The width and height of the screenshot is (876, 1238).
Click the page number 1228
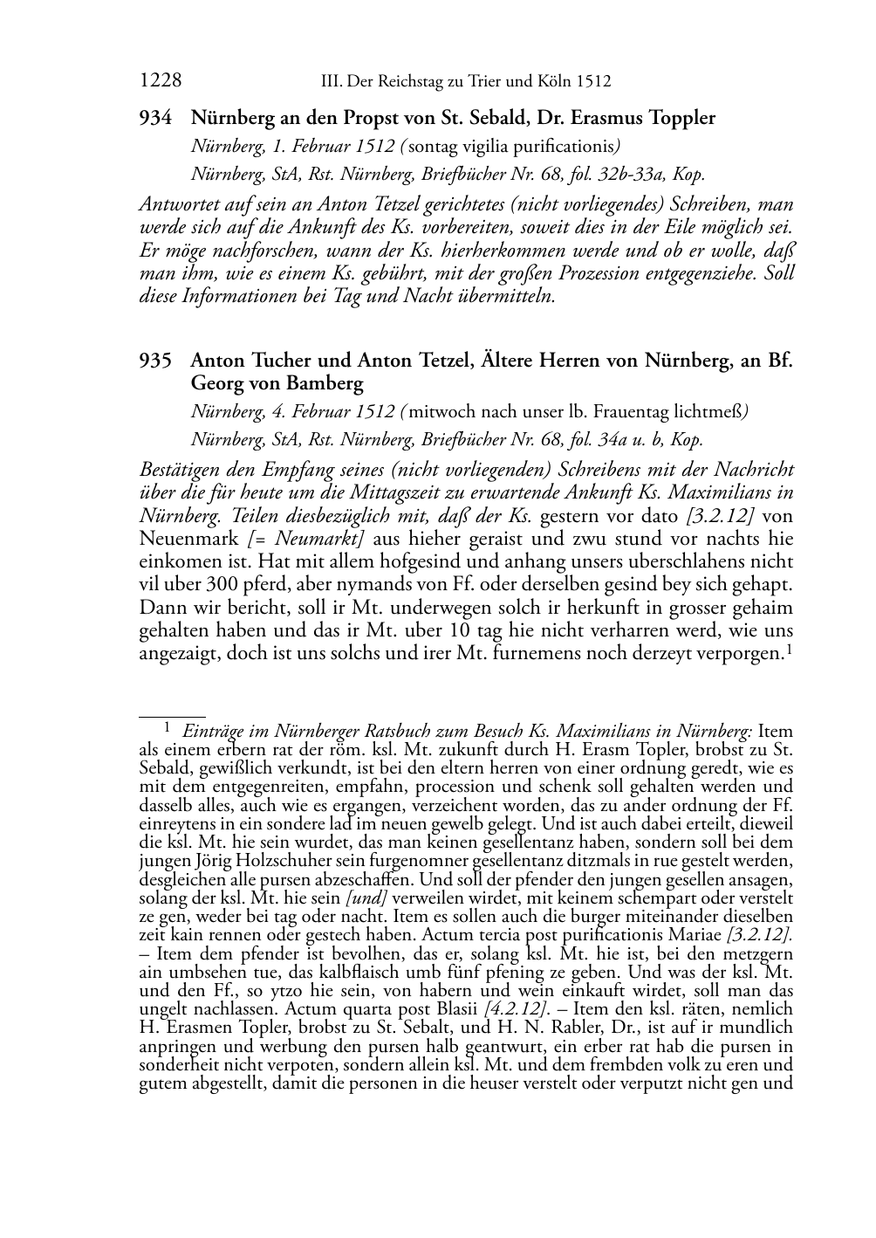point(160,81)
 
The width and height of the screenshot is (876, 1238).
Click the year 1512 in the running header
point(592,82)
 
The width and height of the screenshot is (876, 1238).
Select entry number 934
point(155,118)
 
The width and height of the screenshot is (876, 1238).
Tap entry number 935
point(155,361)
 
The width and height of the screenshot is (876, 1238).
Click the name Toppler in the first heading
point(680,118)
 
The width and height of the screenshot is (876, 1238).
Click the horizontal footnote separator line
point(172,715)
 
